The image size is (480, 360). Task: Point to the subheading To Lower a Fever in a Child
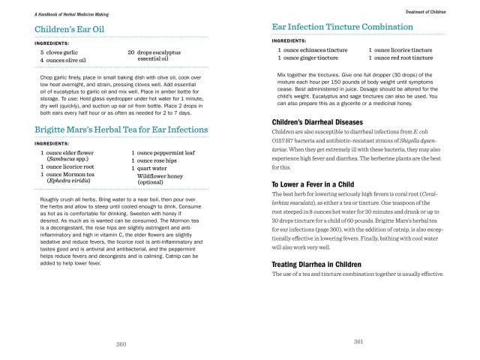click(317, 184)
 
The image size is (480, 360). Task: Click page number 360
click(121, 343)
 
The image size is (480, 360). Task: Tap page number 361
click(358, 342)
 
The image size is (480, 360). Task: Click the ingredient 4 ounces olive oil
click(63, 60)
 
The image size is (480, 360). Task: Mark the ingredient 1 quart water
click(149, 168)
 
